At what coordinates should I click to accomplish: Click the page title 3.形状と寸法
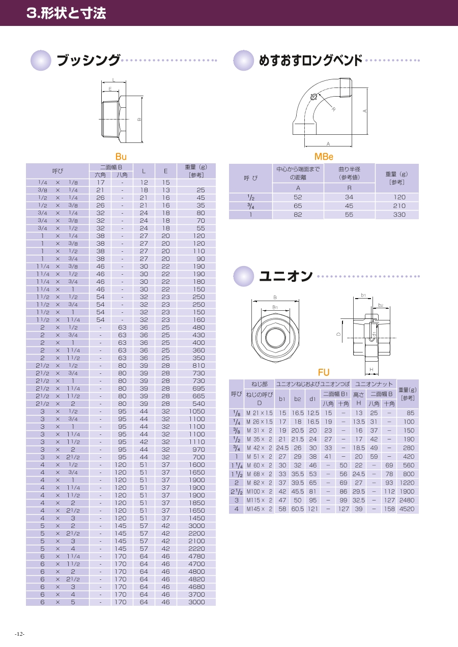click(66, 13)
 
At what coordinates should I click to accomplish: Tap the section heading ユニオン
click(285, 276)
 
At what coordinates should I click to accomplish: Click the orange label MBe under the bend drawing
click(324, 157)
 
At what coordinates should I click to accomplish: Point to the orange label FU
click(324, 373)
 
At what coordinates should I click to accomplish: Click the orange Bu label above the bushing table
click(121, 157)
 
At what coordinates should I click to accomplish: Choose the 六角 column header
click(100, 174)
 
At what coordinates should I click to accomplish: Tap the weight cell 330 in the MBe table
click(399, 215)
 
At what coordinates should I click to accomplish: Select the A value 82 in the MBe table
click(298, 215)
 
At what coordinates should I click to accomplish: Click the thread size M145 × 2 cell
click(259, 509)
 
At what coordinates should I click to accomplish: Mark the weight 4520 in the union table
click(407, 509)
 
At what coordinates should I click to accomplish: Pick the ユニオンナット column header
click(374, 384)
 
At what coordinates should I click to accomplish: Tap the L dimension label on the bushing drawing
click(113, 80)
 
